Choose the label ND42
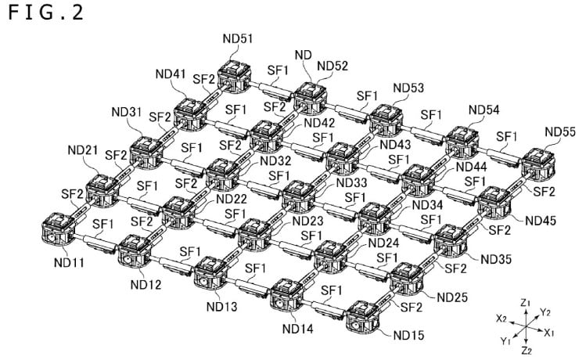click(319, 122)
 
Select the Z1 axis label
click(526, 301)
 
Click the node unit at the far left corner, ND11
click(56, 228)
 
